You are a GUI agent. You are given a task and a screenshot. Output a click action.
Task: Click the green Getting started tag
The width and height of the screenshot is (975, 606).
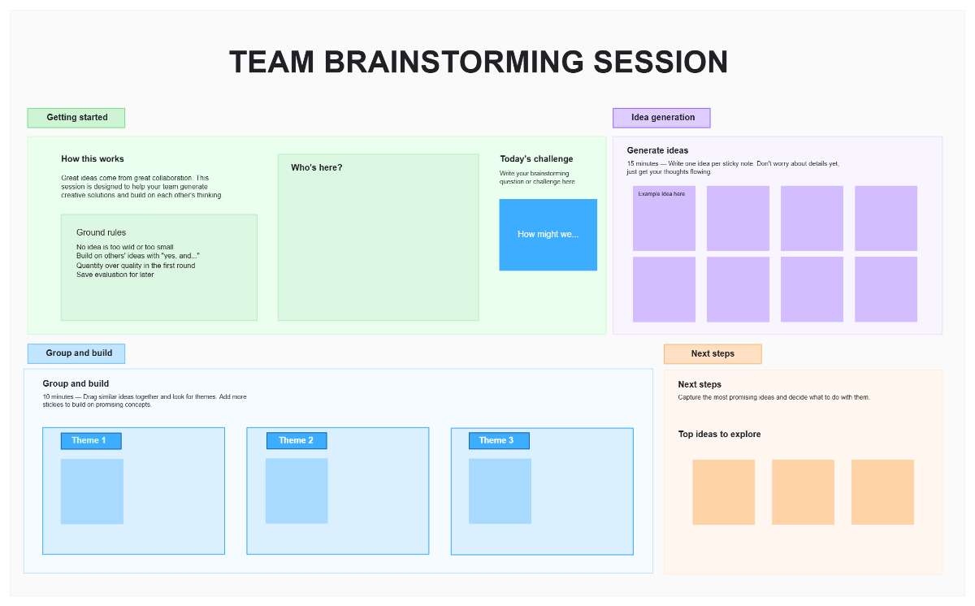click(x=76, y=118)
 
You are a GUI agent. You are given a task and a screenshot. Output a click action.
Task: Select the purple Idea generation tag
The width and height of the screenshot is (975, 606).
click(x=662, y=118)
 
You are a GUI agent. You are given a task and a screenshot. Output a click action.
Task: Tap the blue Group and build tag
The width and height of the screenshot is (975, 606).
click(x=77, y=353)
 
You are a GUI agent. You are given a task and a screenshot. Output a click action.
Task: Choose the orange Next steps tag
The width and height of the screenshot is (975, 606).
click(x=713, y=354)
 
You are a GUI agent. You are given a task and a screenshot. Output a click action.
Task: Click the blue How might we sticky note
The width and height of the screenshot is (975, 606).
click(x=548, y=235)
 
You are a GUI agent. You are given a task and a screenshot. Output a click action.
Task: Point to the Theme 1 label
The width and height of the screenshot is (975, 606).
click(x=90, y=441)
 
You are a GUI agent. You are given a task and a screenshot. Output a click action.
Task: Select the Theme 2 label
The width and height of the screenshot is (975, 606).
click(x=297, y=441)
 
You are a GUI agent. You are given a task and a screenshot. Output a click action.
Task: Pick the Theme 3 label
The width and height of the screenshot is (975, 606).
click(x=499, y=441)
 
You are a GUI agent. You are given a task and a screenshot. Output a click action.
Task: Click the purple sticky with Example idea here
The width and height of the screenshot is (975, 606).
click(x=664, y=219)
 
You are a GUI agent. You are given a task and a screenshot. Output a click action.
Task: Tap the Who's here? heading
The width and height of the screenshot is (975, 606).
click(x=317, y=168)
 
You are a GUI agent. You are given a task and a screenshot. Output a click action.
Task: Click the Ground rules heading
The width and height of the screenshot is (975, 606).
click(x=102, y=233)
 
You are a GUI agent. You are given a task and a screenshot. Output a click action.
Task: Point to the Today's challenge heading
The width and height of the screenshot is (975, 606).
click(x=536, y=159)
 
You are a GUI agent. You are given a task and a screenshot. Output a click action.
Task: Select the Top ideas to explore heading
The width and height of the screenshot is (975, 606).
click(x=719, y=435)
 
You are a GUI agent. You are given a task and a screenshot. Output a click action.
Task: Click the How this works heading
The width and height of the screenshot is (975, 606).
click(x=93, y=159)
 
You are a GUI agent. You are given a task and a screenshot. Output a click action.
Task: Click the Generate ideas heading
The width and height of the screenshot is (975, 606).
click(x=657, y=150)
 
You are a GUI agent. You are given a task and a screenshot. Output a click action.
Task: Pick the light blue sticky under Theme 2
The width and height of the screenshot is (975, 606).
click(x=297, y=491)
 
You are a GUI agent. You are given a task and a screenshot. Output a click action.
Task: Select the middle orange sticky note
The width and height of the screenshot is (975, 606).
click(x=803, y=492)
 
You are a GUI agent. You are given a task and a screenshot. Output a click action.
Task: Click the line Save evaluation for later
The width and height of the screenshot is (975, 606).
click(x=115, y=275)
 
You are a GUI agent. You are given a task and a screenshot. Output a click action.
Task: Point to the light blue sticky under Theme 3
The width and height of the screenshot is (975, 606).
click(x=500, y=491)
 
